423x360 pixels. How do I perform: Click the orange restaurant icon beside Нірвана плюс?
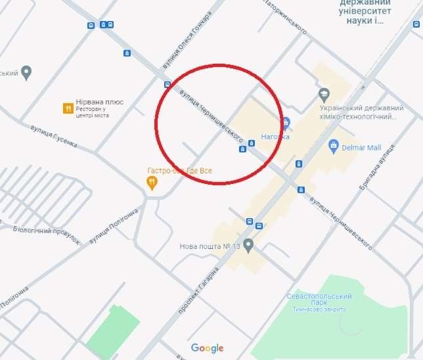[67, 108]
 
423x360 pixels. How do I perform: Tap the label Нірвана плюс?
[99, 102]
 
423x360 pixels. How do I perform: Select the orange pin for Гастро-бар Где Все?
[152, 183]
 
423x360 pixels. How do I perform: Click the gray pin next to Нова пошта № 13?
[248, 246]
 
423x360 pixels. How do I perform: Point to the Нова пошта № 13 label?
[210, 247]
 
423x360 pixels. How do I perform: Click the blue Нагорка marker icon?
[286, 123]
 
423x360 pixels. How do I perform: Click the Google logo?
[208, 348]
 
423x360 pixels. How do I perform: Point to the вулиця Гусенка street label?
[54, 135]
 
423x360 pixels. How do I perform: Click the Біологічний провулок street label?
[47, 235]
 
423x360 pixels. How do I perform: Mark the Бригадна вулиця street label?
[383, 170]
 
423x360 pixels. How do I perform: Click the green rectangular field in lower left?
[112, 328]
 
